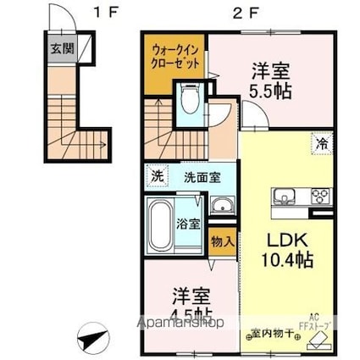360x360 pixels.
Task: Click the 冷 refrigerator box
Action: [x=324, y=144]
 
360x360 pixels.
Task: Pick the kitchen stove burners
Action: [x=322, y=197]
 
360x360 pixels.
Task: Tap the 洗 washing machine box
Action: [x=156, y=177]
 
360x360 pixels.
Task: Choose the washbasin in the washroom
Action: [x=222, y=206]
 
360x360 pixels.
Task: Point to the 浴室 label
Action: [x=188, y=225]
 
